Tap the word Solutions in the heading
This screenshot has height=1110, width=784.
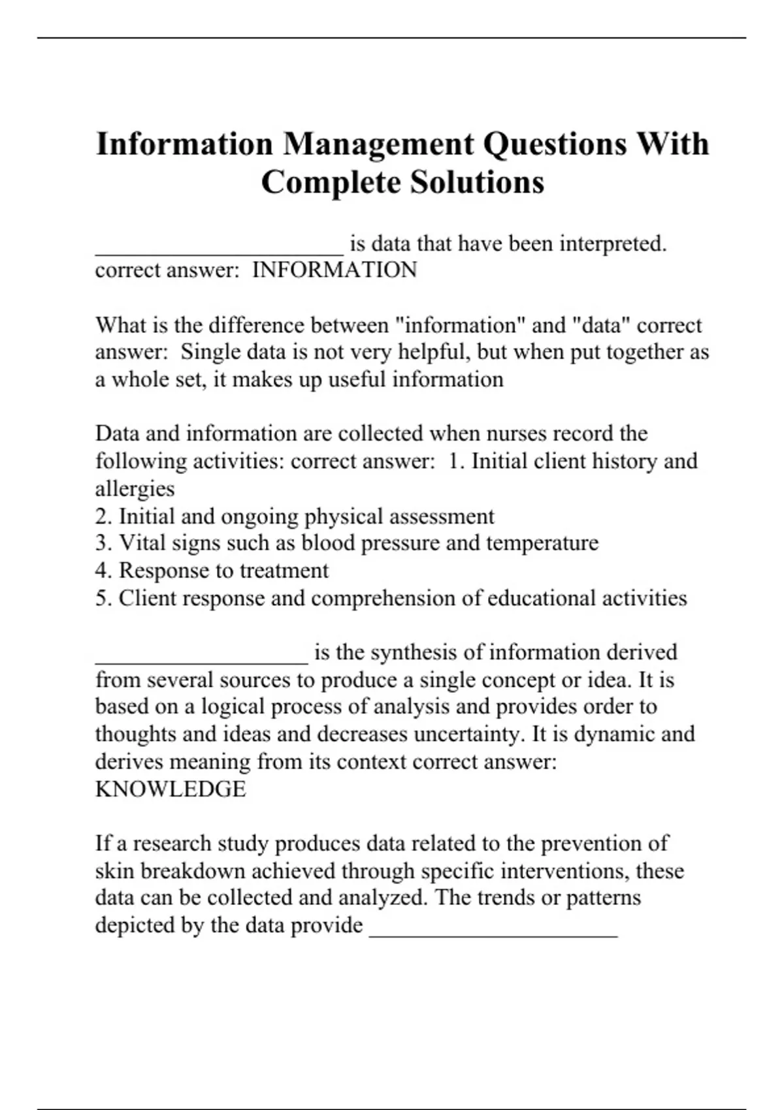[x=478, y=182]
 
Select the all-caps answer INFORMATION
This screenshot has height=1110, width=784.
[x=335, y=270]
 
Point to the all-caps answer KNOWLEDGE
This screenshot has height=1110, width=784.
[x=171, y=789]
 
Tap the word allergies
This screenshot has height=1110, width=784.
[x=135, y=488]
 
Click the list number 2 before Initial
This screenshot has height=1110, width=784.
[x=103, y=516]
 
